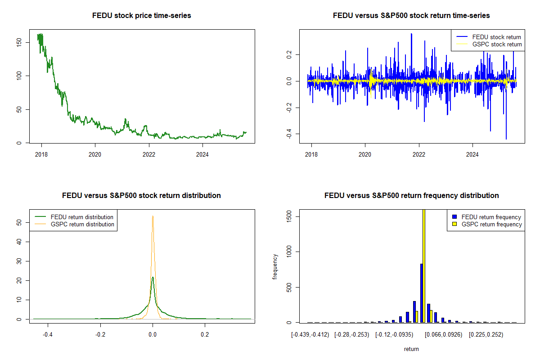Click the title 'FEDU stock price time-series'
[x=141, y=16]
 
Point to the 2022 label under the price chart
[x=149, y=153]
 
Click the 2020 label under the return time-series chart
[x=365, y=153]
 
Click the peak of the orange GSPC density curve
[x=153, y=216]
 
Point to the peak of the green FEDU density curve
[x=153, y=278]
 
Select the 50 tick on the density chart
[x=19, y=222]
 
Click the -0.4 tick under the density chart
[x=48, y=335]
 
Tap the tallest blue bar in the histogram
[x=422, y=292]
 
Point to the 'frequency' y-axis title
[x=275, y=266]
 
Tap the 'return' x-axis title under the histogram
[x=411, y=349]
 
